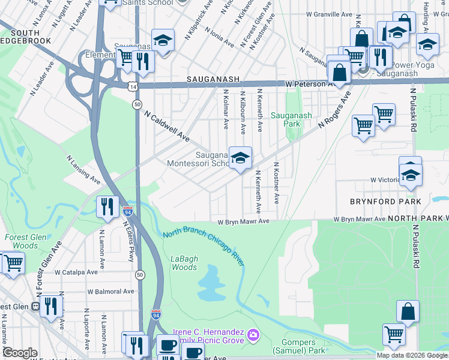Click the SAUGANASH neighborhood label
213,79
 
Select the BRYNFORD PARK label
387,201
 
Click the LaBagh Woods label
184,263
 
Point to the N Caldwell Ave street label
167,127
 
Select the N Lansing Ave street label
83,170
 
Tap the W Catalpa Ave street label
76,272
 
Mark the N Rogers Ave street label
334,110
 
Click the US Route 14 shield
132,87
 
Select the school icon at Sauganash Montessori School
240,158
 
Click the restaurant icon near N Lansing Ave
106,206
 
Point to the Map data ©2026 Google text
412,355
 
